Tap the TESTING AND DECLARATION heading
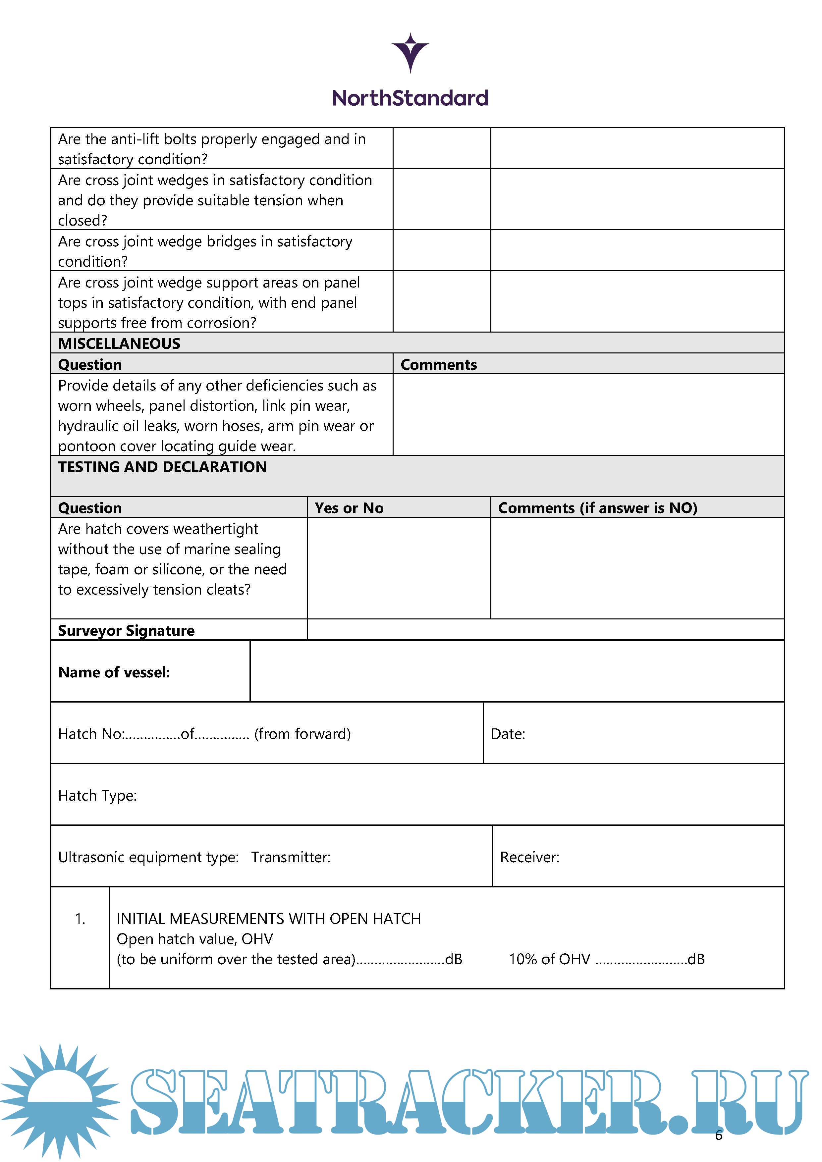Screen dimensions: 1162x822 (x=162, y=467)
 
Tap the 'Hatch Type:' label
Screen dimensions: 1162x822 (x=97, y=796)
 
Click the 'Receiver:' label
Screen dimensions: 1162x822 (x=529, y=857)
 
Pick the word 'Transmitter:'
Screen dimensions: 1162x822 (x=291, y=857)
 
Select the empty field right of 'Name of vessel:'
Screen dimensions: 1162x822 (x=516, y=671)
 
